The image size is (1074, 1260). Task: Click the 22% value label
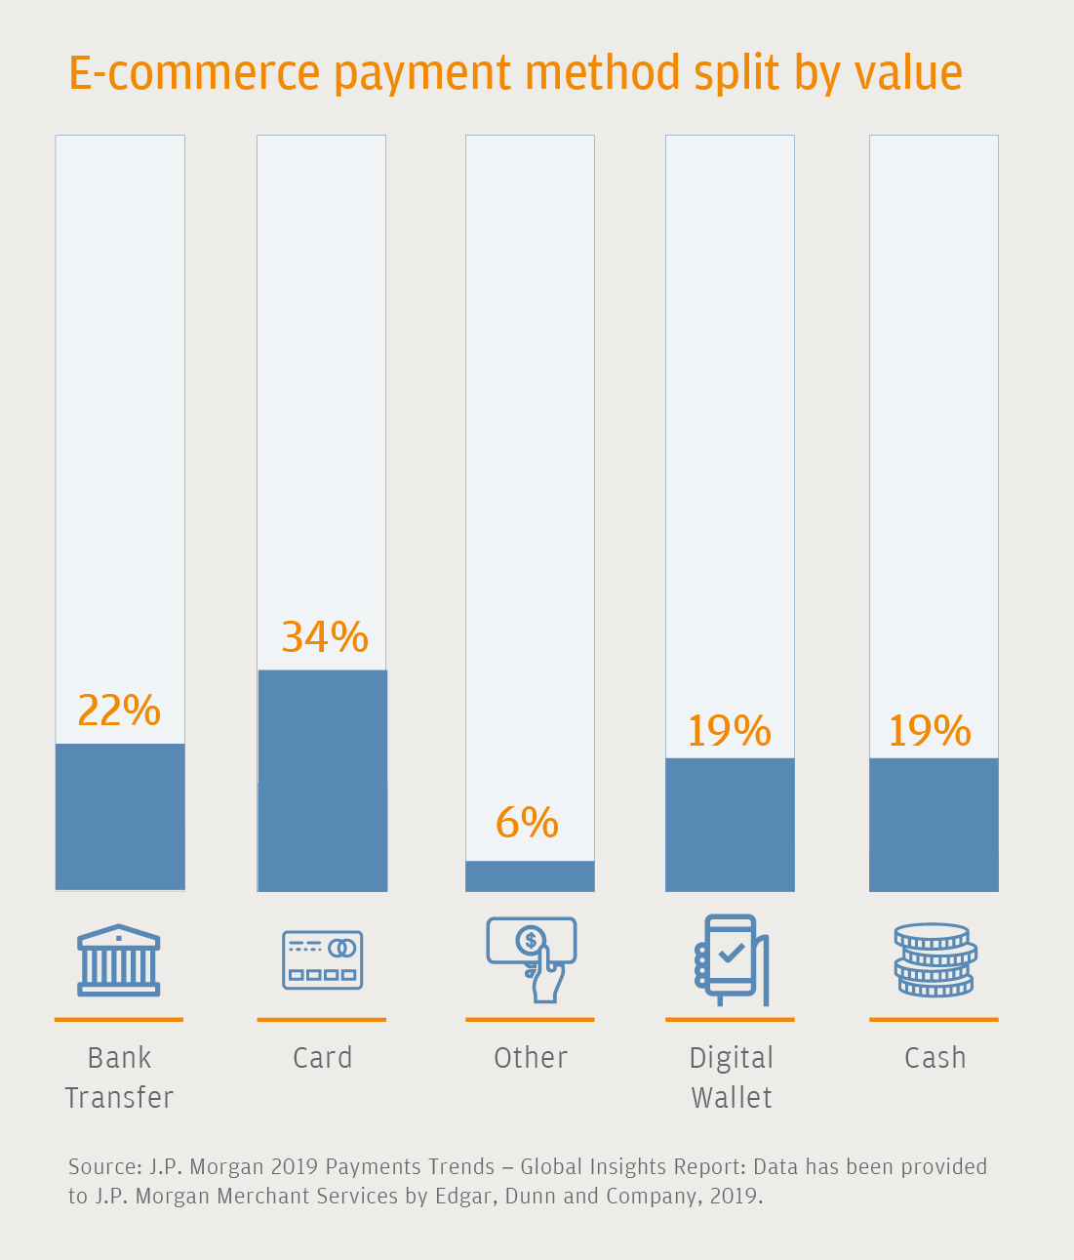coord(119,711)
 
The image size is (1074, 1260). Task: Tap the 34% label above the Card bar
coord(325,636)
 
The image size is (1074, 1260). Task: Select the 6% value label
coord(527,822)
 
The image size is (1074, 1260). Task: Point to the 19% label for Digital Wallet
coord(729,730)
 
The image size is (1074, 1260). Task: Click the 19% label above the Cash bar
coord(930,730)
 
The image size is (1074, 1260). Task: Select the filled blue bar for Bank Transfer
coord(120,817)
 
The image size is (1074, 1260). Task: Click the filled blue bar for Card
coord(322,780)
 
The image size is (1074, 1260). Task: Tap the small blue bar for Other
coord(530,875)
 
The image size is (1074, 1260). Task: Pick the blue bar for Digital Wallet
coord(730,825)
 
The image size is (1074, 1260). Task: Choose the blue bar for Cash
coord(934,825)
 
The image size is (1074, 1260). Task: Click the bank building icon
coord(119,959)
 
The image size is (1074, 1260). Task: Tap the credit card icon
coord(322,959)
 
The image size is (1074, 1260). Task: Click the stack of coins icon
coord(935,959)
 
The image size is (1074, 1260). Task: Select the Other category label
coord(531,1058)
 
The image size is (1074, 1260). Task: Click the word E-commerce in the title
coord(194,73)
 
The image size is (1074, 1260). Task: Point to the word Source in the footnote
coord(103,1166)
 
